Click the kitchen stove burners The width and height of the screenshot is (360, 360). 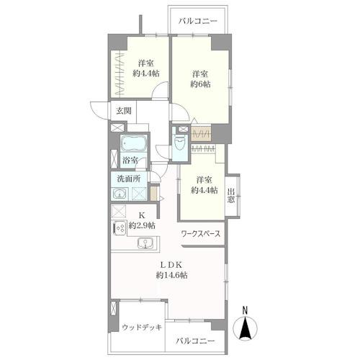120,228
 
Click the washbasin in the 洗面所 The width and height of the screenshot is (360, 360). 119,194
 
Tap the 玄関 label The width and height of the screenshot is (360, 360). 124,111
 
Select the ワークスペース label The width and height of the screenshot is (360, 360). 201,233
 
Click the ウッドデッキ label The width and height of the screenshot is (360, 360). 142,327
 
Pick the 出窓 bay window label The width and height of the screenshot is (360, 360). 231,196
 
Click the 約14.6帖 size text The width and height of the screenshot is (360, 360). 172,275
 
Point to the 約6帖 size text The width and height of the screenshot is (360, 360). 201,84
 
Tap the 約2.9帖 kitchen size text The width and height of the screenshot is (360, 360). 142,225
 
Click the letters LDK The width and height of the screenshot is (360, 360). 171,265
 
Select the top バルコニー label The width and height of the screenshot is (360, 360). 198,21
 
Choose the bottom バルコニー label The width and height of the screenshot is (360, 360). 195,341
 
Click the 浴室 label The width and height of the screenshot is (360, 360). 130,160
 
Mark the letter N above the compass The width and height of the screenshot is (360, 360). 245,310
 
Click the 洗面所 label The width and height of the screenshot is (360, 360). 129,179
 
